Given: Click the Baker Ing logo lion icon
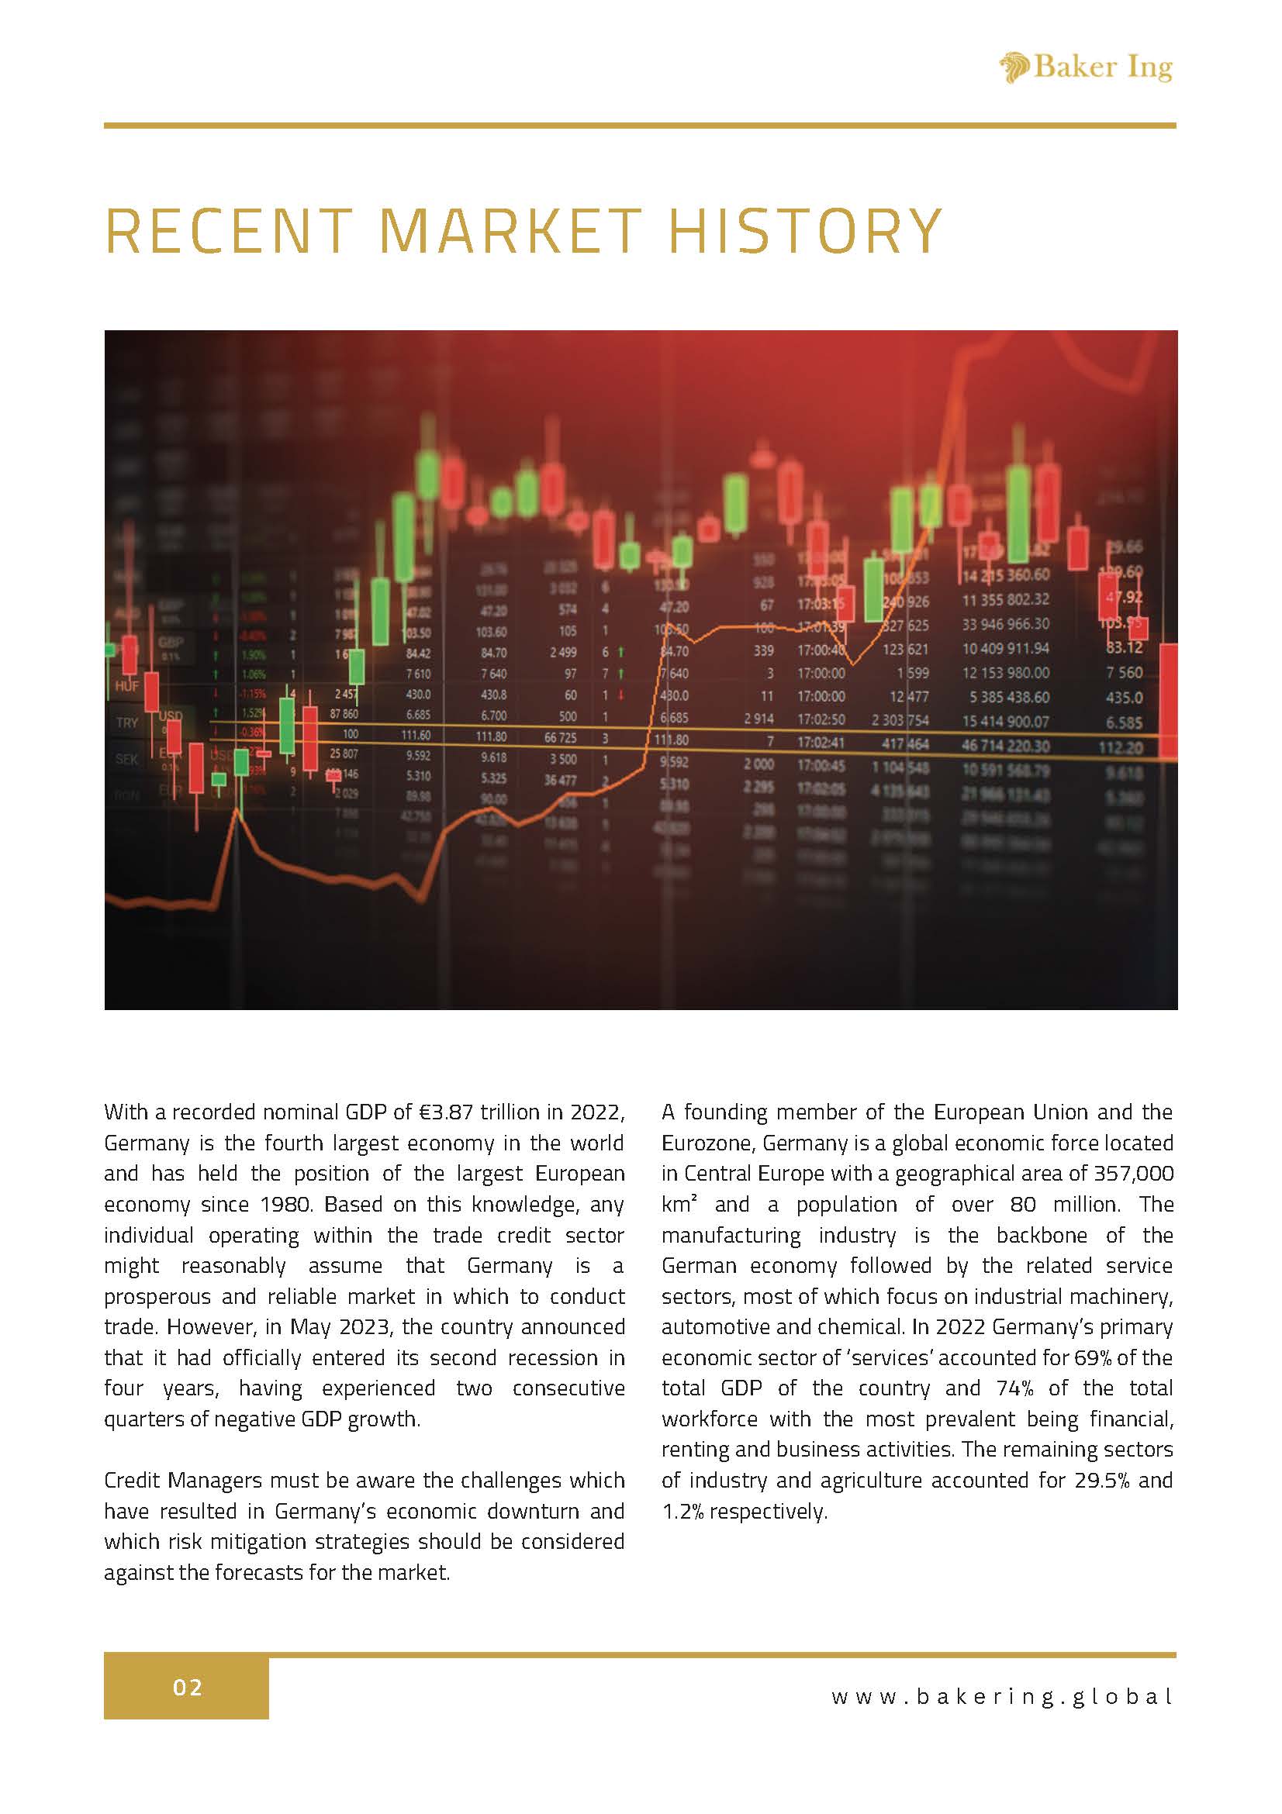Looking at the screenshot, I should (x=1014, y=67).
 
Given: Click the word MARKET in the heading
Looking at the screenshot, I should (x=510, y=231).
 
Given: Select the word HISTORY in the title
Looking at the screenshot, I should (x=804, y=231).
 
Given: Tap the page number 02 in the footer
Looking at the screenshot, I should (x=188, y=1688).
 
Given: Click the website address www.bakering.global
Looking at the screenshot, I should (x=1001, y=1696).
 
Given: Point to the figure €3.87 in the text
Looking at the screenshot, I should (x=446, y=1112).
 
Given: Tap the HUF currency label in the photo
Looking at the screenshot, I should (x=126, y=686).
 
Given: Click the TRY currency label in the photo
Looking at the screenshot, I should (x=126, y=722).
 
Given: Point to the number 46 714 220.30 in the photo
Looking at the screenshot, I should (x=1005, y=745).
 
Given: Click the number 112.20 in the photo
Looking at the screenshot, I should (x=1121, y=747).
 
